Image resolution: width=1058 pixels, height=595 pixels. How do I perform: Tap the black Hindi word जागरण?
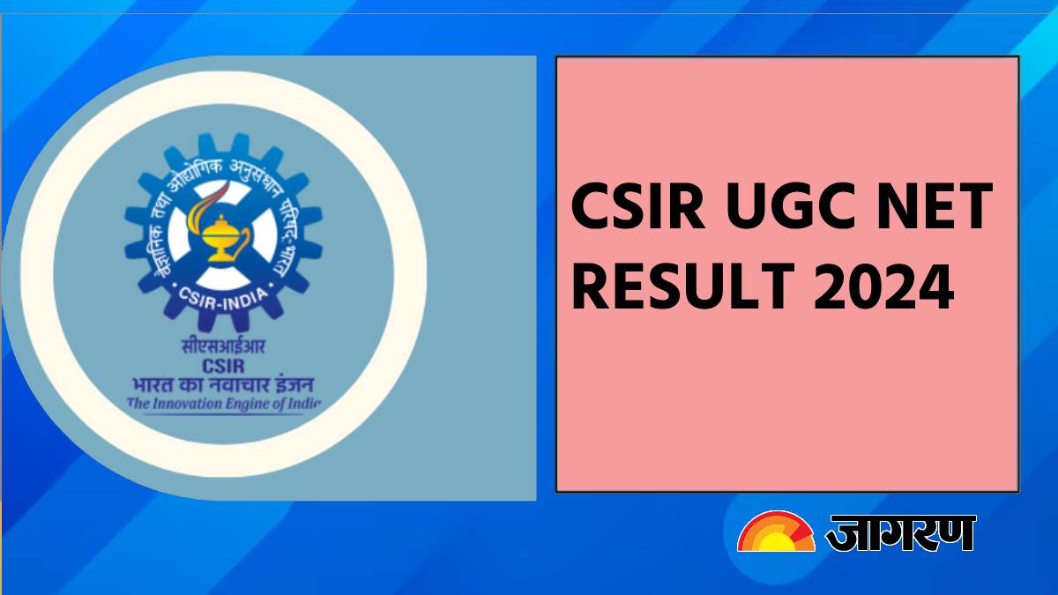click(x=899, y=533)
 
